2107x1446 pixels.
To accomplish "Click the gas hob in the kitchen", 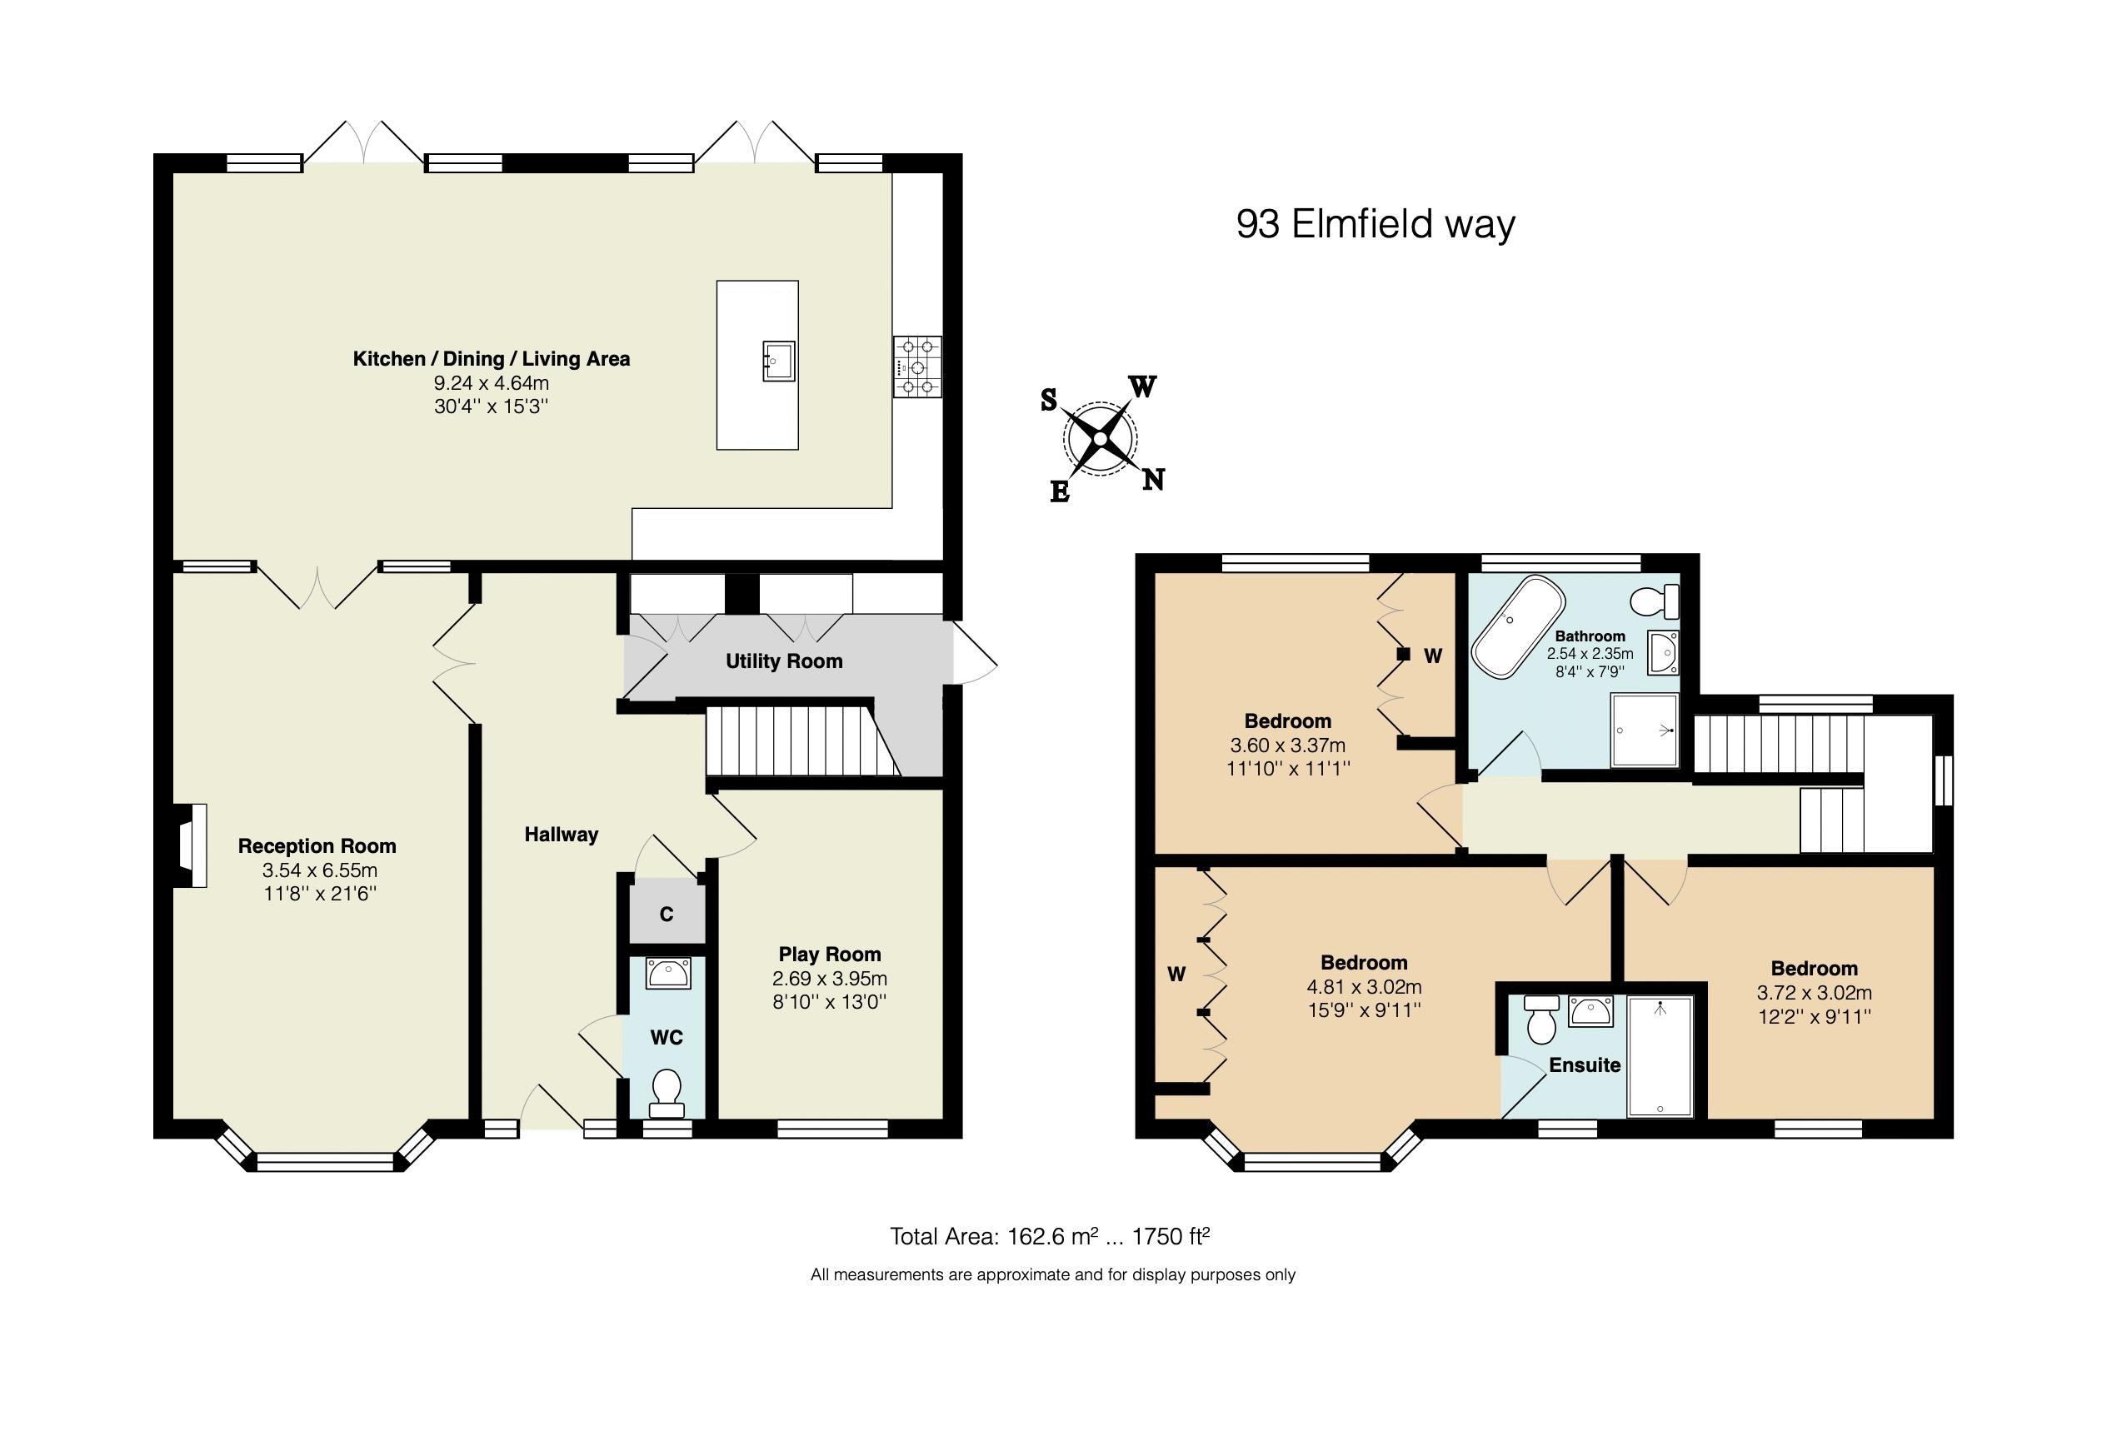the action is pos(917,367).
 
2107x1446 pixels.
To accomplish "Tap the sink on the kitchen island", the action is pos(778,361).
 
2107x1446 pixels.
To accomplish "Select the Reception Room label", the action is pos(317,845).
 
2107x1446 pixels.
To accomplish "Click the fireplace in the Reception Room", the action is pos(191,845).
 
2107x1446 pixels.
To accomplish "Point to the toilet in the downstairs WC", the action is pos(668,1093).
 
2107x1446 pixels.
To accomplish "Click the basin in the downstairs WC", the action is pos(668,974).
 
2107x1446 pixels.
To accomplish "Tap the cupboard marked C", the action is pos(667,911).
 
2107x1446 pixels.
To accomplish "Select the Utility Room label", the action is pos(784,661).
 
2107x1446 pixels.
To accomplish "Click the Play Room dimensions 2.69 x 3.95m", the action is pos(830,979).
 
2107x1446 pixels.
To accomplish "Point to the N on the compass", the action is pos(1152,480).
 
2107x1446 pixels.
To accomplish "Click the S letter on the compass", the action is pos(1049,400).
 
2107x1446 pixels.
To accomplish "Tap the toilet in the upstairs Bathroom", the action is pos(1655,601).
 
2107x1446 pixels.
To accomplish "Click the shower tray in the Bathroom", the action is pos(1645,730).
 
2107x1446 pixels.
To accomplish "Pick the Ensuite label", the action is pos(1585,1065).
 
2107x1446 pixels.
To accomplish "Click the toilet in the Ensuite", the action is pos(1541,1019).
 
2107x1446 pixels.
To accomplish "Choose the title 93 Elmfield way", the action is pos(1376,224).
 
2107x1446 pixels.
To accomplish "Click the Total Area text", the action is pos(1050,1235).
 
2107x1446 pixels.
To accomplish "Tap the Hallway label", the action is pos(562,834).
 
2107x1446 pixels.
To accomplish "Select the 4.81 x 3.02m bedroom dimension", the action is pos(1364,986).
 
